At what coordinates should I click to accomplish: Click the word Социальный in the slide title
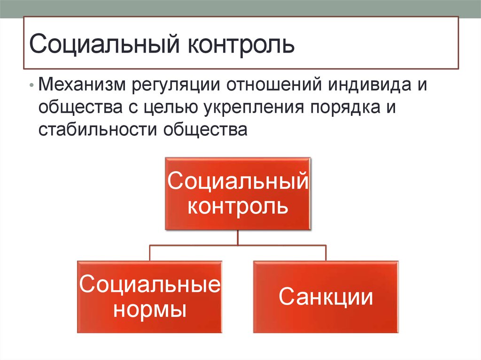104,44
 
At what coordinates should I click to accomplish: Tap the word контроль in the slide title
241,45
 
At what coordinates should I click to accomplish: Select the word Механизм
82,84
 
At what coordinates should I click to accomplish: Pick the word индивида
369,84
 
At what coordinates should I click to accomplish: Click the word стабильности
98,130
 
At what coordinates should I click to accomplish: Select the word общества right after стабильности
205,130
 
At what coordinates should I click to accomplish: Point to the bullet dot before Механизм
31,85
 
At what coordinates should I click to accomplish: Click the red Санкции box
326,297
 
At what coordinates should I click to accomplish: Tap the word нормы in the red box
150,310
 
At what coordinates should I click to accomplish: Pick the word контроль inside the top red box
238,207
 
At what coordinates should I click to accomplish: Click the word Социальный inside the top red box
238,181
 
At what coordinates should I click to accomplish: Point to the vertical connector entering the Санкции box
326,253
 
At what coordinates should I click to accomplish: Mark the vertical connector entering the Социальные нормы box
150,253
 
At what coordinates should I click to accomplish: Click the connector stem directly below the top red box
238,237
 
